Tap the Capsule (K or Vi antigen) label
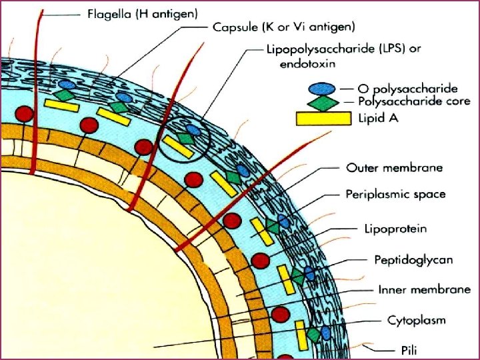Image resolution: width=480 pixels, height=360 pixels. (x=284, y=27)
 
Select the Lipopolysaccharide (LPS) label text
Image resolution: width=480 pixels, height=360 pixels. (x=343, y=49)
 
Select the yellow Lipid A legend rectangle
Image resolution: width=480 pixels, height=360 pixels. (x=323, y=118)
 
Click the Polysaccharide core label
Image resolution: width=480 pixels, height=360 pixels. (x=414, y=101)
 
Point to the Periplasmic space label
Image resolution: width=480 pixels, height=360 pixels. (x=395, y=195)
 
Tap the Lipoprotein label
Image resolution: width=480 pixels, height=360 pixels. (x=395, y=229)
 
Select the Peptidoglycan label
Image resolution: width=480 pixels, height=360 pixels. (x=404, y=260)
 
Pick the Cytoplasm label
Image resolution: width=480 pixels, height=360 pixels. (x=416, y=321)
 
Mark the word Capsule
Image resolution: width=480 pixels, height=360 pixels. (x=235, y=27)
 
